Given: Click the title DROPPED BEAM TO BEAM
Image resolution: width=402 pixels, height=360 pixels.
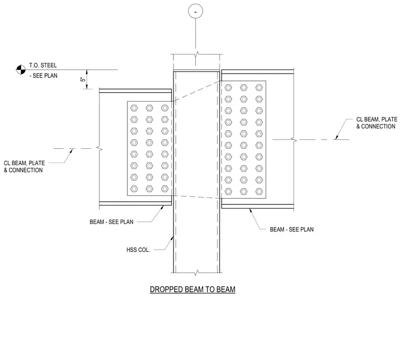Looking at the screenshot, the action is tap(193, 290).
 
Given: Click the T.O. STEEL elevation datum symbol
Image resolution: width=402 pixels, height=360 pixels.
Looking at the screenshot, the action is tap(21, 69).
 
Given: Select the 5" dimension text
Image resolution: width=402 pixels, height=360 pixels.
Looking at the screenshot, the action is tap(83, 79).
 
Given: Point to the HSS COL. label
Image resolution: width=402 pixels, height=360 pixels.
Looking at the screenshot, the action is tap(138, 250).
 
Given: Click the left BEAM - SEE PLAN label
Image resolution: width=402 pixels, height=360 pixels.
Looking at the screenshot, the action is tap(112, 222).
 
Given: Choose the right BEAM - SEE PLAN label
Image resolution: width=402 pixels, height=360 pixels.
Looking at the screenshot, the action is tap(292, 229).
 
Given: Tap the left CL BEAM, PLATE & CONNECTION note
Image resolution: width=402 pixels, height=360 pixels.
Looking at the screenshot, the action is tap(24, 167).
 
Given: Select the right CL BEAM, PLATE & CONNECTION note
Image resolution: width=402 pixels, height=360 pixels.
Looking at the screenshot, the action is tap(377, 123).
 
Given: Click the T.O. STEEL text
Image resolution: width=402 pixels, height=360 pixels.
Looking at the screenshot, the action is tap(43, 66).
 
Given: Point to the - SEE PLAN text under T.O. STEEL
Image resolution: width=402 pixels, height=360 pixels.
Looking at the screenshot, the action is tap(43, 76).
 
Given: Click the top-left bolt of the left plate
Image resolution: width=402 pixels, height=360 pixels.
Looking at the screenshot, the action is tap(134, 108).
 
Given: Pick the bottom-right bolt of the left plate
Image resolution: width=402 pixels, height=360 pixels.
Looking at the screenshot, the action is tap(165, 189).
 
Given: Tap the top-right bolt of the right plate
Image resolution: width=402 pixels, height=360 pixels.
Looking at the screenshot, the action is tap(259, 88).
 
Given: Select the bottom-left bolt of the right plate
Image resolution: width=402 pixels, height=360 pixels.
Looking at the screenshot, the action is tap(229, 192).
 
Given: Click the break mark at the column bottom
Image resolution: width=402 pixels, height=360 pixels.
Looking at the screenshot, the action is tap(196, 273).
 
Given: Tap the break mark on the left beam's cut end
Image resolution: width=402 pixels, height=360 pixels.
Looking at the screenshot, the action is tap(99, 148).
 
